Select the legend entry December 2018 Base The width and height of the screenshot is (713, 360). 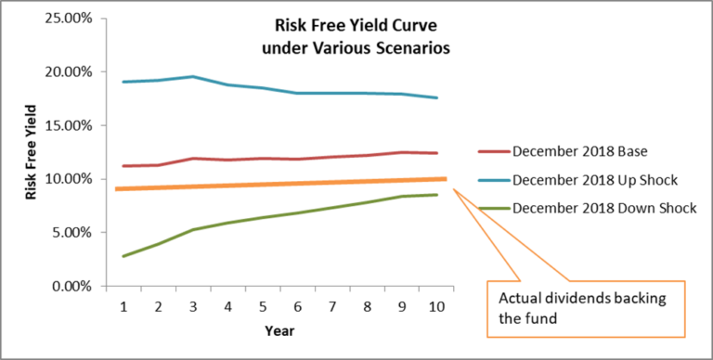[577, 150]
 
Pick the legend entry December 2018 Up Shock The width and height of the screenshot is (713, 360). [586, 178]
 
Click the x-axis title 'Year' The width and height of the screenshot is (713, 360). [278, 329]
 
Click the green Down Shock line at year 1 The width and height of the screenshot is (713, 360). [123, 256]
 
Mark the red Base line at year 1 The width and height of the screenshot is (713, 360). [123, 166]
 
